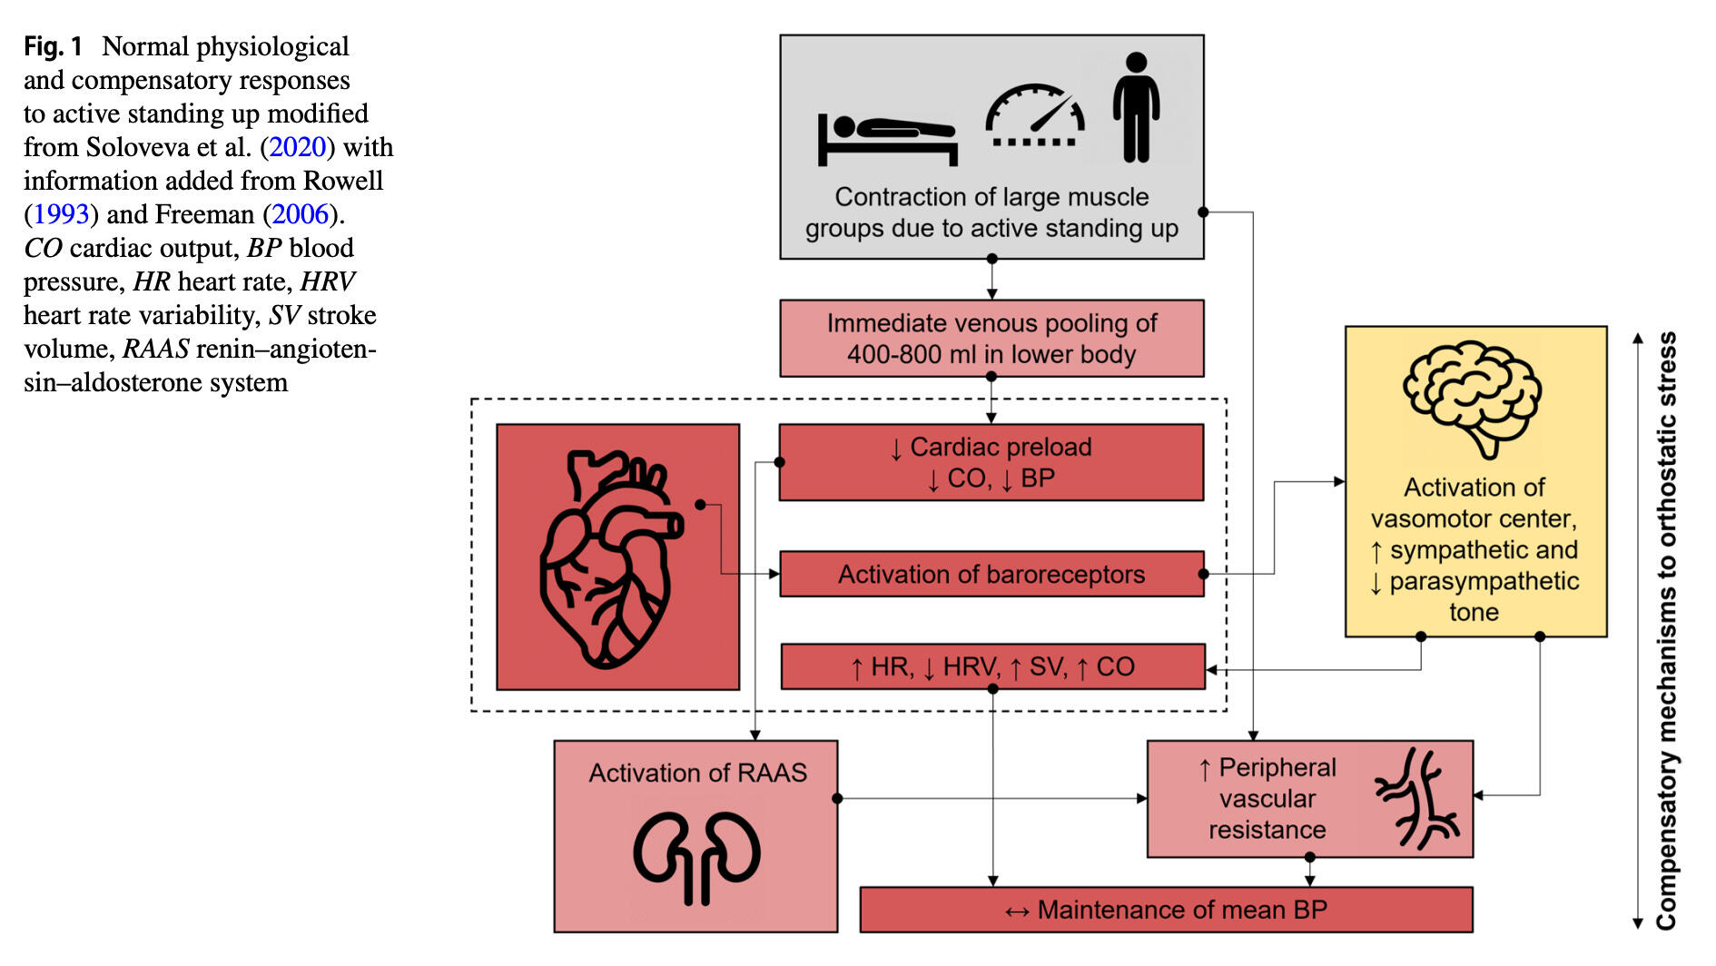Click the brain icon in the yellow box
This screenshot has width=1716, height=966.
pos(1472,399)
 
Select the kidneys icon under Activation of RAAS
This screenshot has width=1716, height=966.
pos(696,857)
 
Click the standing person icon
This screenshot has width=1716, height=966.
pos(1136,107)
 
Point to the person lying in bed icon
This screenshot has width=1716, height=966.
pos(887,139)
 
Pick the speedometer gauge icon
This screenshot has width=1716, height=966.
pos(1035,116)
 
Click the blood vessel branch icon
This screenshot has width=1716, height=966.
pos(1418,799)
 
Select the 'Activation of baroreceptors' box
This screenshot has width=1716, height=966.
pos(991,575)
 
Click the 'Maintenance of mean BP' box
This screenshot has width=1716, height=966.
pos(1166,910)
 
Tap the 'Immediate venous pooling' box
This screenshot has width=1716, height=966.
pos(991,339)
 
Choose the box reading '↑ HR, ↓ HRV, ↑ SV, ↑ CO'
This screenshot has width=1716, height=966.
pos(992,667)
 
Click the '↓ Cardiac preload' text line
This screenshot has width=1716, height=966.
pos(991,448)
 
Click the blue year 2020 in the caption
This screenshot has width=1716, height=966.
pos(297,147)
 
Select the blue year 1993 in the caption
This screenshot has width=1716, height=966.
pos(61,214)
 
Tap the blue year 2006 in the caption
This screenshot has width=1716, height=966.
pos(300,214)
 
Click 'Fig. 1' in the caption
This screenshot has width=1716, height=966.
pos(53,46)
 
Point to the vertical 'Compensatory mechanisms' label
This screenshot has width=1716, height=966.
pos(1666,631)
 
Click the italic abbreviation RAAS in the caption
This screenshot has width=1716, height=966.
pos(156,349)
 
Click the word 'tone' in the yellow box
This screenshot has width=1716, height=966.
pos(1474,613)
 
